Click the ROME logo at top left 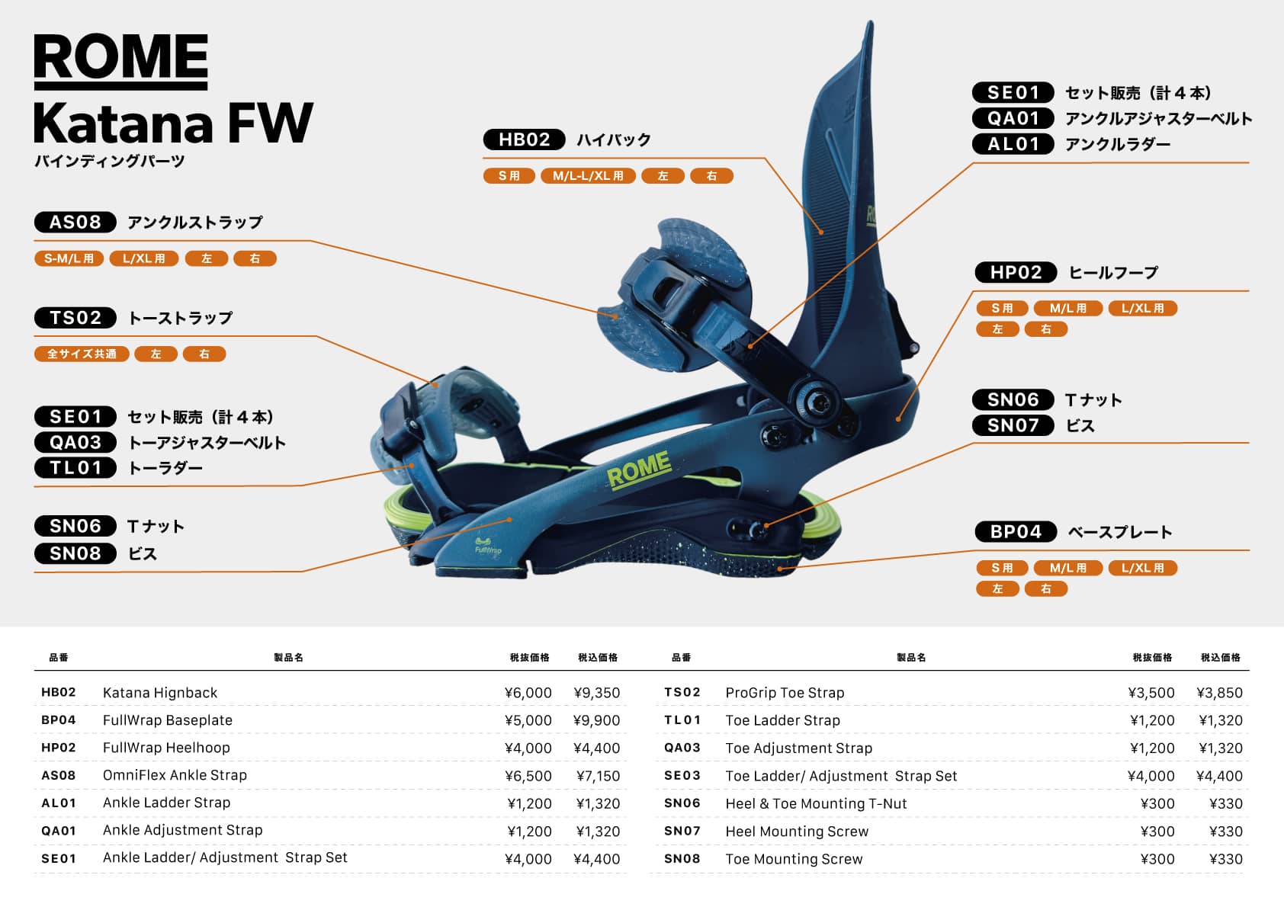click(120, 61)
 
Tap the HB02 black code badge click(524, 139)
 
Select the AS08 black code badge click(75, 222)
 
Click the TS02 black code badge click(75, 317)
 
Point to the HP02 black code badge click(1016, 272)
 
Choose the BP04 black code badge click(1016, 531)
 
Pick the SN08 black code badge click(75, 553)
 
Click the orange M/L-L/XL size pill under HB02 click(588, 176)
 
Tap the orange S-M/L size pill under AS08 click(69, 258)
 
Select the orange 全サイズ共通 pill click(82, 354)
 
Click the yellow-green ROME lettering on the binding click(639, 469)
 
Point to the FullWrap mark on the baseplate click(488, 546)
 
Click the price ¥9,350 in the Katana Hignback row click(596, 693)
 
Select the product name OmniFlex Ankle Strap click(175, 775)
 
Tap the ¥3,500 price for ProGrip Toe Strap click(1151, 693)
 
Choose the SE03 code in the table click(682, 775)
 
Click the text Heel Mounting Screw click(797, 831)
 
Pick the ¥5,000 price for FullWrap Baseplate click(528, 720)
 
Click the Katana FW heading click(173, 123)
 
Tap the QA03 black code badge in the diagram click(75, 442)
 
